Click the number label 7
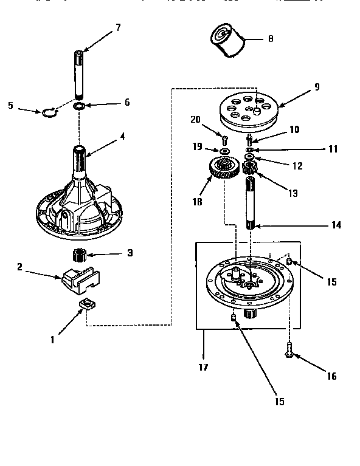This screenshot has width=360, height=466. [117, 28]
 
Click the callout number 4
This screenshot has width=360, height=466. [122, 136]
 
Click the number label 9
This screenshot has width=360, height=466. [316, 87]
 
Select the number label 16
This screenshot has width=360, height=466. [331, 376]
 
